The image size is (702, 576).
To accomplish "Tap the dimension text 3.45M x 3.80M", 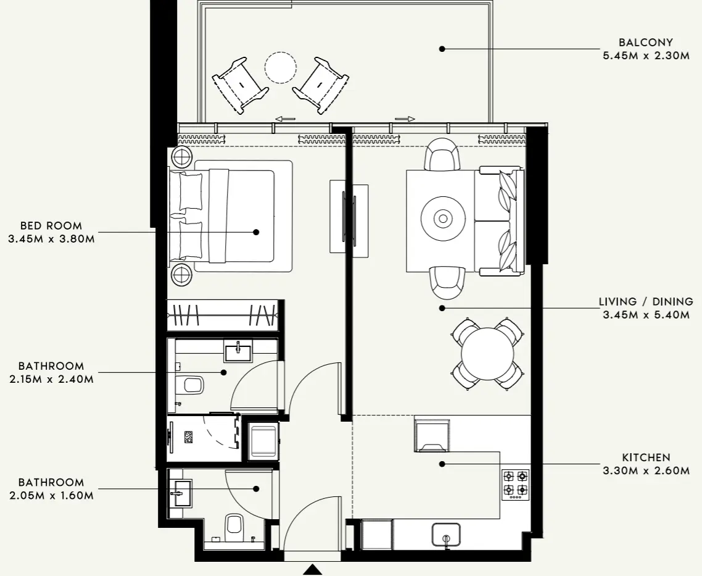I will click(51, 239).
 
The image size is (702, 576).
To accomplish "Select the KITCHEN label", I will click(646, 457).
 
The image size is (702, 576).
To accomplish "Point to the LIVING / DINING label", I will click(646, 302).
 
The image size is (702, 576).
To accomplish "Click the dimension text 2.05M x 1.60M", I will click(51, 495).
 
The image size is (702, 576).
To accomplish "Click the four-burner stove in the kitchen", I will click(515, 483).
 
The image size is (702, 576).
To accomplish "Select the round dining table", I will click(487, 354).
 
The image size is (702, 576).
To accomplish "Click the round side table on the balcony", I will click(280, 67).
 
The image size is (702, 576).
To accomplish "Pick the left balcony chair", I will click(240, 85).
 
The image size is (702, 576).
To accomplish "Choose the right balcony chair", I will click(320, 85).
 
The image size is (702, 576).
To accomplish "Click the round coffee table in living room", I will click(442, 219).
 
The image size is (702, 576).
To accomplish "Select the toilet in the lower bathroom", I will click(234, 525).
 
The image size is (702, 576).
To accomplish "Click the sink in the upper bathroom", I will click(237, 352).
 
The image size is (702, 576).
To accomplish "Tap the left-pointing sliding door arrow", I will click(285, 119).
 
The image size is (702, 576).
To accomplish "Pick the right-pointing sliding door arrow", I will click(405, 119).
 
